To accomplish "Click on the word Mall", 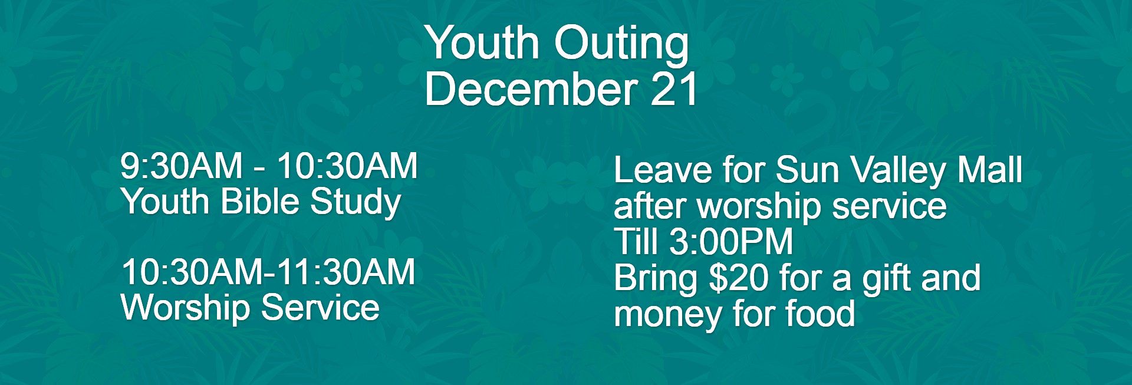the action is tap(990, 170).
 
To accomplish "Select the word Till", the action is tap(636, 242).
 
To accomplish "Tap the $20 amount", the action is tap(739, 278).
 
